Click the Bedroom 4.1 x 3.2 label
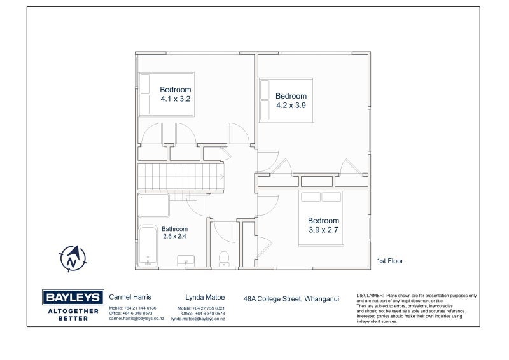175,94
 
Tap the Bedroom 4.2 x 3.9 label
291,100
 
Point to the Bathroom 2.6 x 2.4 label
174,232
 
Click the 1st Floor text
390,261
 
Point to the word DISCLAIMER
370,296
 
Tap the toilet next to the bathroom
223,257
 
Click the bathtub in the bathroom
147,246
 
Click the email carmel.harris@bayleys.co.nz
136,319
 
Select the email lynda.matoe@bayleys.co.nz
198,319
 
